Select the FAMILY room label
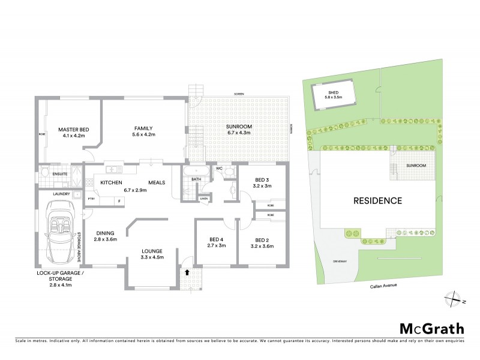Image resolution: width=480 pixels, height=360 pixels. [x=143, y=128]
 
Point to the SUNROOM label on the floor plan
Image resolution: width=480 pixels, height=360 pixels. [x=239, y=127]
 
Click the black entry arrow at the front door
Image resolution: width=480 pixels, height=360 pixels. [x=190, y=272]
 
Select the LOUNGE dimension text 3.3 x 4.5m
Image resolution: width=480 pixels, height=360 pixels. [x=153, y=257]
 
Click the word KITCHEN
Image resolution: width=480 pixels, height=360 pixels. [x=112, y=182]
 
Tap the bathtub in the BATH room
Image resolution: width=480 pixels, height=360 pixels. [x=196, y=171]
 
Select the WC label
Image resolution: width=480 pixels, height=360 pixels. [x=220, y=169]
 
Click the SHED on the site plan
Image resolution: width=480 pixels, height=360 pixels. [x=334, y=95]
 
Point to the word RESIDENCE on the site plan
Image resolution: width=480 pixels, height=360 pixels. [x=377, y=201]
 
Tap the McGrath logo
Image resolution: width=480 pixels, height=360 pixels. [x=432, y=328]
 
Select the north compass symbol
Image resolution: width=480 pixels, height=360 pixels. [x=454, y=296]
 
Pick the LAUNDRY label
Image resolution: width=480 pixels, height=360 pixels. [x=62, y=194]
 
